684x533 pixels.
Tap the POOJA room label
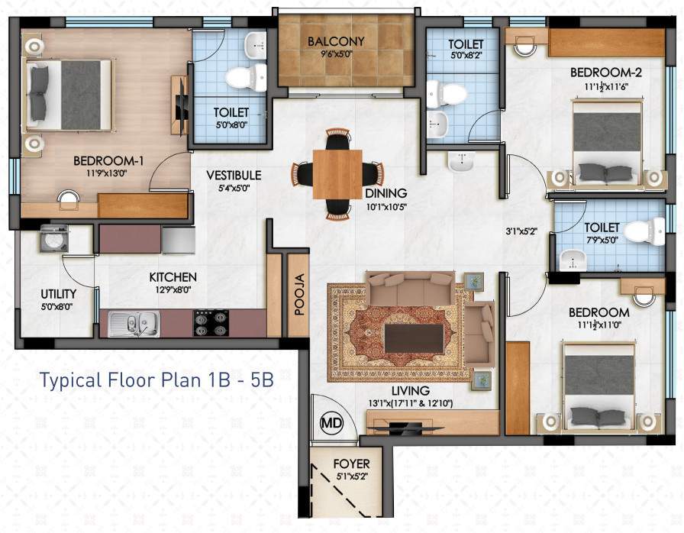pyautogui.click(x=298, y=294)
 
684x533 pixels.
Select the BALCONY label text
pyautogui.click(x=336, y=41)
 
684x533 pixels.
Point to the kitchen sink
pyautogui.click(x=133, y=324)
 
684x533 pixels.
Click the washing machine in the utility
pyautogui.click(x=53, y=238)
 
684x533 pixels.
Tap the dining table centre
pyautogui.click(x=337, y=175)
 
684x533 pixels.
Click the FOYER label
pyautogui.click(x=352, y=464)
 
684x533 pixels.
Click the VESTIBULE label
pyautogui.click(x=234, y=176)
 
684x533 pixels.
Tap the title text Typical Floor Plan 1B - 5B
pyautogui.click(x=156, y=380)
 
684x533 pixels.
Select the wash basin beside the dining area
pyautogui.click(x=460, y=162)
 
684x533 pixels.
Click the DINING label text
pyautogui.click(x=386, y=193)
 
